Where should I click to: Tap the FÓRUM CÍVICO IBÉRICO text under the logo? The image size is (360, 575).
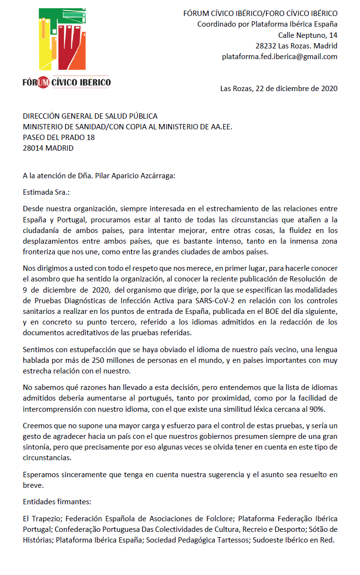point(66,82)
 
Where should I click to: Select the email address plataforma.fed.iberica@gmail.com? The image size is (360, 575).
point(280,57)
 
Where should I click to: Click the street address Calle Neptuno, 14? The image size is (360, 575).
point(308,35)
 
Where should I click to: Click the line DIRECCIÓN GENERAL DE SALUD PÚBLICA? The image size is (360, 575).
point(90,116)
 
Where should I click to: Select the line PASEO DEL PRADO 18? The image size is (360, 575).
point(59,138)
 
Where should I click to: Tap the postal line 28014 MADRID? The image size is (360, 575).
point(48,148)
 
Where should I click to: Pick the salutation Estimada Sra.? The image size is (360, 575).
point(46,192)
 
